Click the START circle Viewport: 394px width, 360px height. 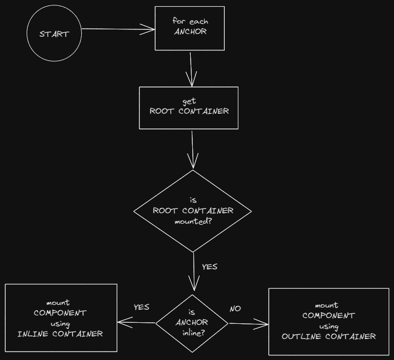pyautogui.click(x=54, y=34)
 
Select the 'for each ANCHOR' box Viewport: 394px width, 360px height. pyautogui.click(x=190, y=28)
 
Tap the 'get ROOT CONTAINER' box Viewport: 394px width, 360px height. pyautogui.click(x=189, y=107)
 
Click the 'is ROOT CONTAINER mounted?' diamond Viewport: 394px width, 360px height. pyautogui.click(x=193, y=211)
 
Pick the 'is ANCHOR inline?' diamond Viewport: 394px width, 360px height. pyautogui.click(x=192, y=323)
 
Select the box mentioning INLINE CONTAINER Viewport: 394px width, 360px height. pyautogui.click(x=61, y=318)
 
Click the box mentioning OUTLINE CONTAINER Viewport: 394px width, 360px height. pyautogui.click(x=329, y=321)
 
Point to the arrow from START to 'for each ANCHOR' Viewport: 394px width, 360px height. pyautogui.click(x=118, y=30)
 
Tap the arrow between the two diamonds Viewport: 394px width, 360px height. pyautogui.click(x=194, y=271)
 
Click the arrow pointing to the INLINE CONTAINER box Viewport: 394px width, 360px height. pyautogui.click(x=137, y=322)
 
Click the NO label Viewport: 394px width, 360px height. pyautogui.click(x=235, y=309)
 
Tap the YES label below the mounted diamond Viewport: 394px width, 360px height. pyautogui.click(x=210, y=267)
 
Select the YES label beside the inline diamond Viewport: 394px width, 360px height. pyautogui.click(x=141, y=307)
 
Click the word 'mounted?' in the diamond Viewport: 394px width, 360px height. pyautogui.click(x=193, y=221)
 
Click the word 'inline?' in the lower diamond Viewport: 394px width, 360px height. pyautogui.click(x=192, y=333)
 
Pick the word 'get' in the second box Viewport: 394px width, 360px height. pyautogui.click(x=189, y=101)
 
